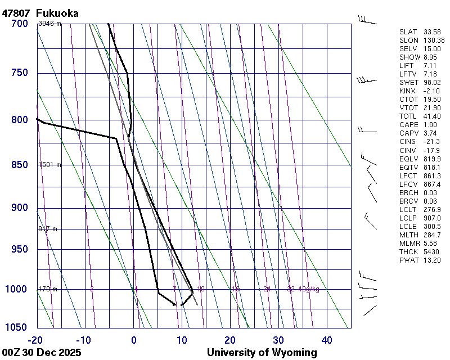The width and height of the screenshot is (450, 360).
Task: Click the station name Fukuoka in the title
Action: click(x=57, y=13)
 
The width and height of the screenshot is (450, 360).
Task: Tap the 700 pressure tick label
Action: click(x=20, y=24)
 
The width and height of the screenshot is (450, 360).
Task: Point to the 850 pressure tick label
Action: click(x=20, y=165)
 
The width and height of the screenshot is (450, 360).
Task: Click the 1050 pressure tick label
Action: click(x=17, y=328)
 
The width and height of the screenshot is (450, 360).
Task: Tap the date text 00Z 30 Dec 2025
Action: click(x=42, y=353)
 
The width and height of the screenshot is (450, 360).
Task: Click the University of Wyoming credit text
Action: click(x=262, y=353)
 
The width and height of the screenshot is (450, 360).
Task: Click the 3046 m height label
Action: click(x=49, y=24)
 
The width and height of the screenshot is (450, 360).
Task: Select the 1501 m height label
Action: click(x=49, y=165)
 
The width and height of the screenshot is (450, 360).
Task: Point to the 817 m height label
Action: click(x=48, y=229)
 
